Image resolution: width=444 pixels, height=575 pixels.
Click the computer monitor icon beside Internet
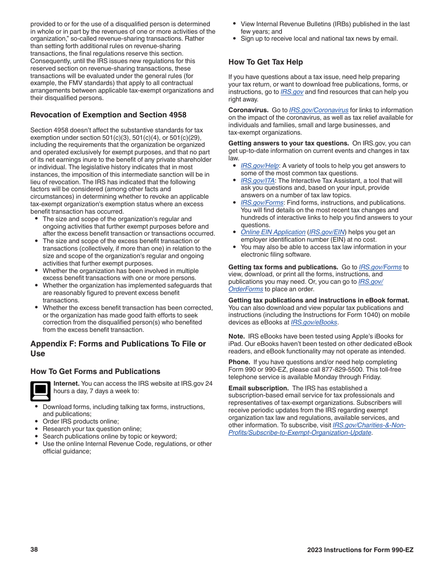click(40, 391)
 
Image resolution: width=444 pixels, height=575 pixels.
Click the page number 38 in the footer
click(34, 549)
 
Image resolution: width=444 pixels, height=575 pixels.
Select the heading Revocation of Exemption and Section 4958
click(108, 115)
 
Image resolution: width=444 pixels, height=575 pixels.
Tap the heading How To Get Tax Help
click(265, 62)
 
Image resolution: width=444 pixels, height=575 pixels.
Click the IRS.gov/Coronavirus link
click(318, 110)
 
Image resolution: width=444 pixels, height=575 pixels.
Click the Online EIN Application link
click(273, 232)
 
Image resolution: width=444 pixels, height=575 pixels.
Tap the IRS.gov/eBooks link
click(314, 323)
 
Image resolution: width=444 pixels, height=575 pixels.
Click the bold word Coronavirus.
click(248, 110)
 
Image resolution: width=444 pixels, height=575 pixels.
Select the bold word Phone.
click(239, 362)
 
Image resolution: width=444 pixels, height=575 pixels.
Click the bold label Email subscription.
click(258, 388)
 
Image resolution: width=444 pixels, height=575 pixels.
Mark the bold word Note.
click(236, 337)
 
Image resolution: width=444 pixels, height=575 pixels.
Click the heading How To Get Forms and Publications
click(95, 372)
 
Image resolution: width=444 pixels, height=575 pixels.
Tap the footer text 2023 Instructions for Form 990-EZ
click(360, 550)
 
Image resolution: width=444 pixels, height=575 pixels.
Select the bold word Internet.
click(66, 384)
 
